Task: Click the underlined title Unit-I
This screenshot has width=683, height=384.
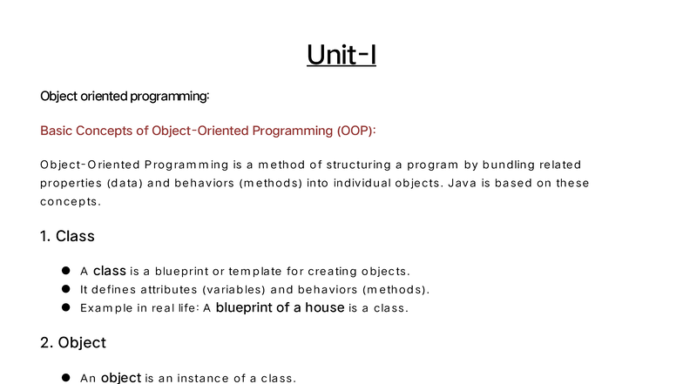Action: click(341, 55)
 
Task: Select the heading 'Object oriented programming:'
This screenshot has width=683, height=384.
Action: click(125, 96)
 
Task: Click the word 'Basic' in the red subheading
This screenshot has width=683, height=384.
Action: click(57, 131)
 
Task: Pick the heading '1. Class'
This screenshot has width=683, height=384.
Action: click(67, 236)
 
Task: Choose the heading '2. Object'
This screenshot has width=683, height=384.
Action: click(73, 343)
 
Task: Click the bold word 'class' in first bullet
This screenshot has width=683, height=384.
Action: click(110, 271)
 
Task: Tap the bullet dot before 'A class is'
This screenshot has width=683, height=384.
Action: click(65, 271)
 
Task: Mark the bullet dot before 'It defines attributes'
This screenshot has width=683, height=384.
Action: click(65, 289)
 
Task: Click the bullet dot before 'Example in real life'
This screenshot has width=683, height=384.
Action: click(65, 307)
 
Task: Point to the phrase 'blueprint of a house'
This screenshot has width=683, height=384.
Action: click(280, 307)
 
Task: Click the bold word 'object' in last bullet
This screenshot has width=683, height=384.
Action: click(120, 378)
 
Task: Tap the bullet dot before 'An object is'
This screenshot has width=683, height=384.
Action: click(65, 378)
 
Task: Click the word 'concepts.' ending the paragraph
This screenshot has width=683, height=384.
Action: click(71, 201)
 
